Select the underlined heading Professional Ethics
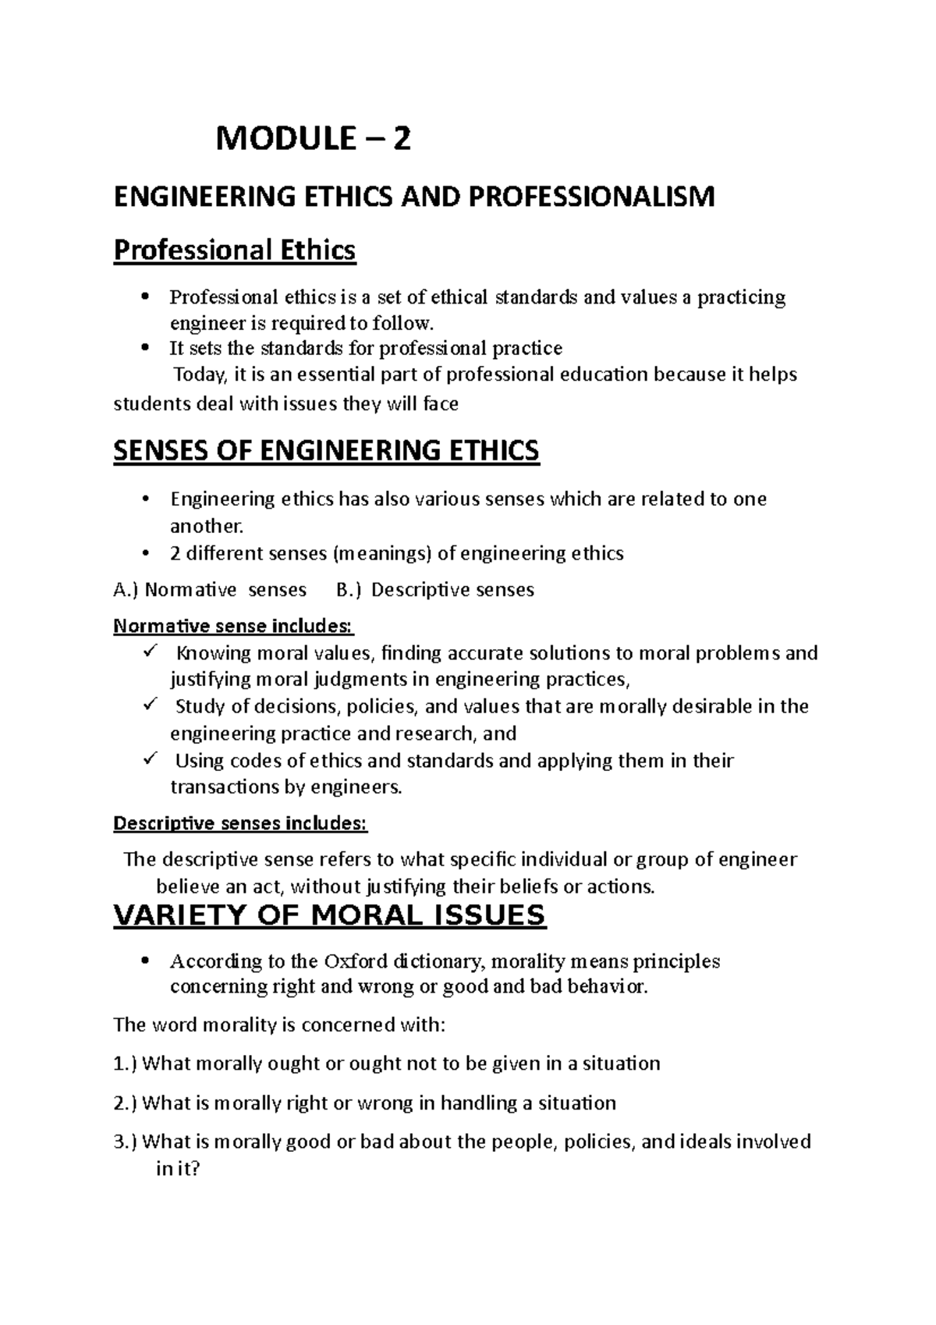234,250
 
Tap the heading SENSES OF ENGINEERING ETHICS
326,451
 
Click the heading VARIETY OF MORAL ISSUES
329,915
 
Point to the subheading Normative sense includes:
233,626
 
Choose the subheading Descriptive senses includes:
239,823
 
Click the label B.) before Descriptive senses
348,590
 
